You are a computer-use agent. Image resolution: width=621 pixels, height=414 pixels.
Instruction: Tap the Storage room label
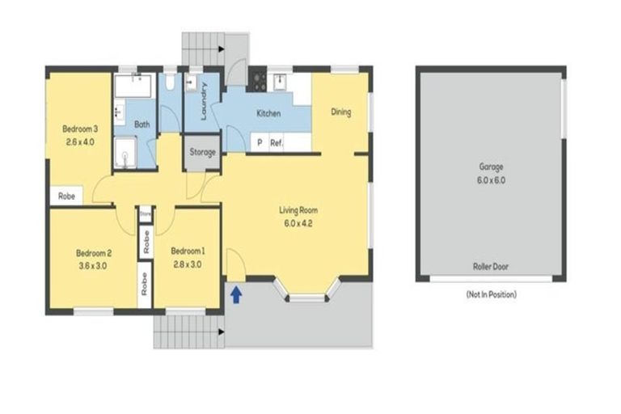[203, 153]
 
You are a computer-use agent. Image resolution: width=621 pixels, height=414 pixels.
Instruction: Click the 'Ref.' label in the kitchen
[276, 143]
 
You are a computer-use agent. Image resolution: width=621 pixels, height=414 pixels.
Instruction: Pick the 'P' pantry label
[259, 143]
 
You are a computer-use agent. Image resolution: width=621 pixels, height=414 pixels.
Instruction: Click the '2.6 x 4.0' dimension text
[80, 142]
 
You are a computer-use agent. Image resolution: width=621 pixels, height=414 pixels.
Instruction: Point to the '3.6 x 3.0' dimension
[94, 264]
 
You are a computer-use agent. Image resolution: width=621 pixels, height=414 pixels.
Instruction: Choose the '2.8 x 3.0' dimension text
[187, 264]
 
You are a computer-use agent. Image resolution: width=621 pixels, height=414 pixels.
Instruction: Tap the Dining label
[340, 112]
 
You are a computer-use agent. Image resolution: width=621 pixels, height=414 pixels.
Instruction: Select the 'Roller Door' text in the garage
[490, 266]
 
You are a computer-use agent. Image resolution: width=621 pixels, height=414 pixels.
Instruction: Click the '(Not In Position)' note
[491, 294]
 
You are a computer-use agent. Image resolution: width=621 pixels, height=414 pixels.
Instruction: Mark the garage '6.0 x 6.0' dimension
[491, 180]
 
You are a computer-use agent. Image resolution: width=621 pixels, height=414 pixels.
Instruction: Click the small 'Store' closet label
[146, 214]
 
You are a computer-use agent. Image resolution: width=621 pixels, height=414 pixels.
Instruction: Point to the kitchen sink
[279, 79]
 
